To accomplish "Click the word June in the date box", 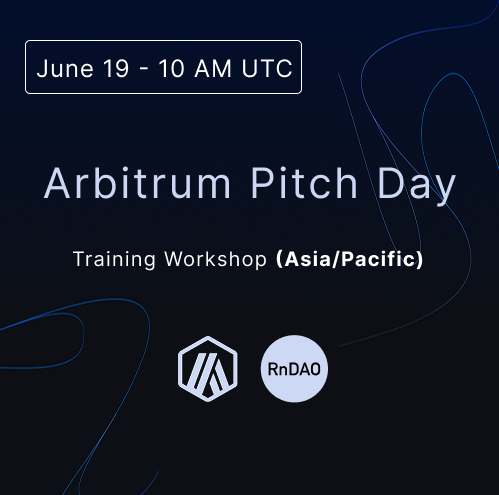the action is [x=65, y=69].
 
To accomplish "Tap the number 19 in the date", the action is [x=116, y=69].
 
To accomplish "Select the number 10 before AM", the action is [x=171, y=69].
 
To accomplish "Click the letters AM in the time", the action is [x=213, y=69].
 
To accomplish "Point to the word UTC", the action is [x=267, y=69].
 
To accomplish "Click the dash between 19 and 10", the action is [x=144, y=70].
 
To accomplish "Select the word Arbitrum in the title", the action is [x=137, y=183].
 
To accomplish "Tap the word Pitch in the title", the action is [x=304, y=183].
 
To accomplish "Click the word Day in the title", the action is [x=416, y=186].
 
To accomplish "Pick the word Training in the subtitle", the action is [x=114, y=260].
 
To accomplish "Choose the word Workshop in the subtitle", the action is [x=216, y=260].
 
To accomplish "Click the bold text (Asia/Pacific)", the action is [x=350, y=259].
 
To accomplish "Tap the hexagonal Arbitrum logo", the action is [x=208, y=369].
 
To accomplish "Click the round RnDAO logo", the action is [x=294, y=369].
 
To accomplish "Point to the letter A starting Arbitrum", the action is [x=57, y=183].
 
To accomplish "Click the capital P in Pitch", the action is [x=263, y=183].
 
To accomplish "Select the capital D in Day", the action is [x=391, y=183].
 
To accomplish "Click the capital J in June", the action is [x=42, y=69].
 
